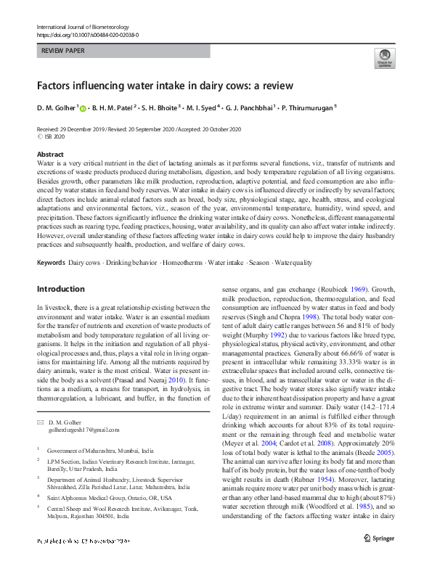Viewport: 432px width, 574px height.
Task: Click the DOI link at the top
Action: pos(87,35)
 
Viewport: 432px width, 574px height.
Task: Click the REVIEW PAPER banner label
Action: pos(64,52)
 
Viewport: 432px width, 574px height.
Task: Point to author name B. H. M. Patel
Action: pos(113,108)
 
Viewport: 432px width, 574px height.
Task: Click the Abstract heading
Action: pos(50,155)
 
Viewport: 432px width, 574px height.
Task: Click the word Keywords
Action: pos(51,242)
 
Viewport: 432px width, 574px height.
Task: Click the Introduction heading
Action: pos(61,289)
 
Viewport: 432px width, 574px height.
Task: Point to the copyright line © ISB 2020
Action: pos(55,136)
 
